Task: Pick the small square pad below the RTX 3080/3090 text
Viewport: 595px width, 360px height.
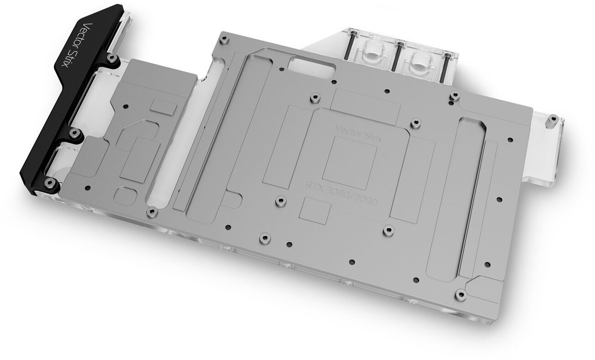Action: coord(315,211)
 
